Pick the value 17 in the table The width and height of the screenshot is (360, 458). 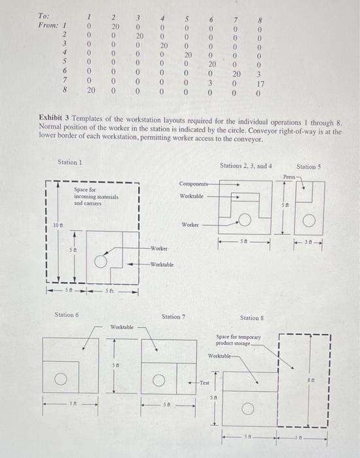click(260, 84)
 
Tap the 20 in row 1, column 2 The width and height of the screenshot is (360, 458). click(113, 25)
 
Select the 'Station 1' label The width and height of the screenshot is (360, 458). click(71, 162)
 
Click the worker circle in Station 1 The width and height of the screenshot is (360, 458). click(101, 262)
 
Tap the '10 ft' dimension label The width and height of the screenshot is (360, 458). click(58, 226)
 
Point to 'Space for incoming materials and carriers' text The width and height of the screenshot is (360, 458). click(91, 197)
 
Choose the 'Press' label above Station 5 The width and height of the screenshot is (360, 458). click(289, 177)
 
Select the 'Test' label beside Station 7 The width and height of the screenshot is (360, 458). click(204, 383)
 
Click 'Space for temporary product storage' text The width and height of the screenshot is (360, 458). click(238, 340)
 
